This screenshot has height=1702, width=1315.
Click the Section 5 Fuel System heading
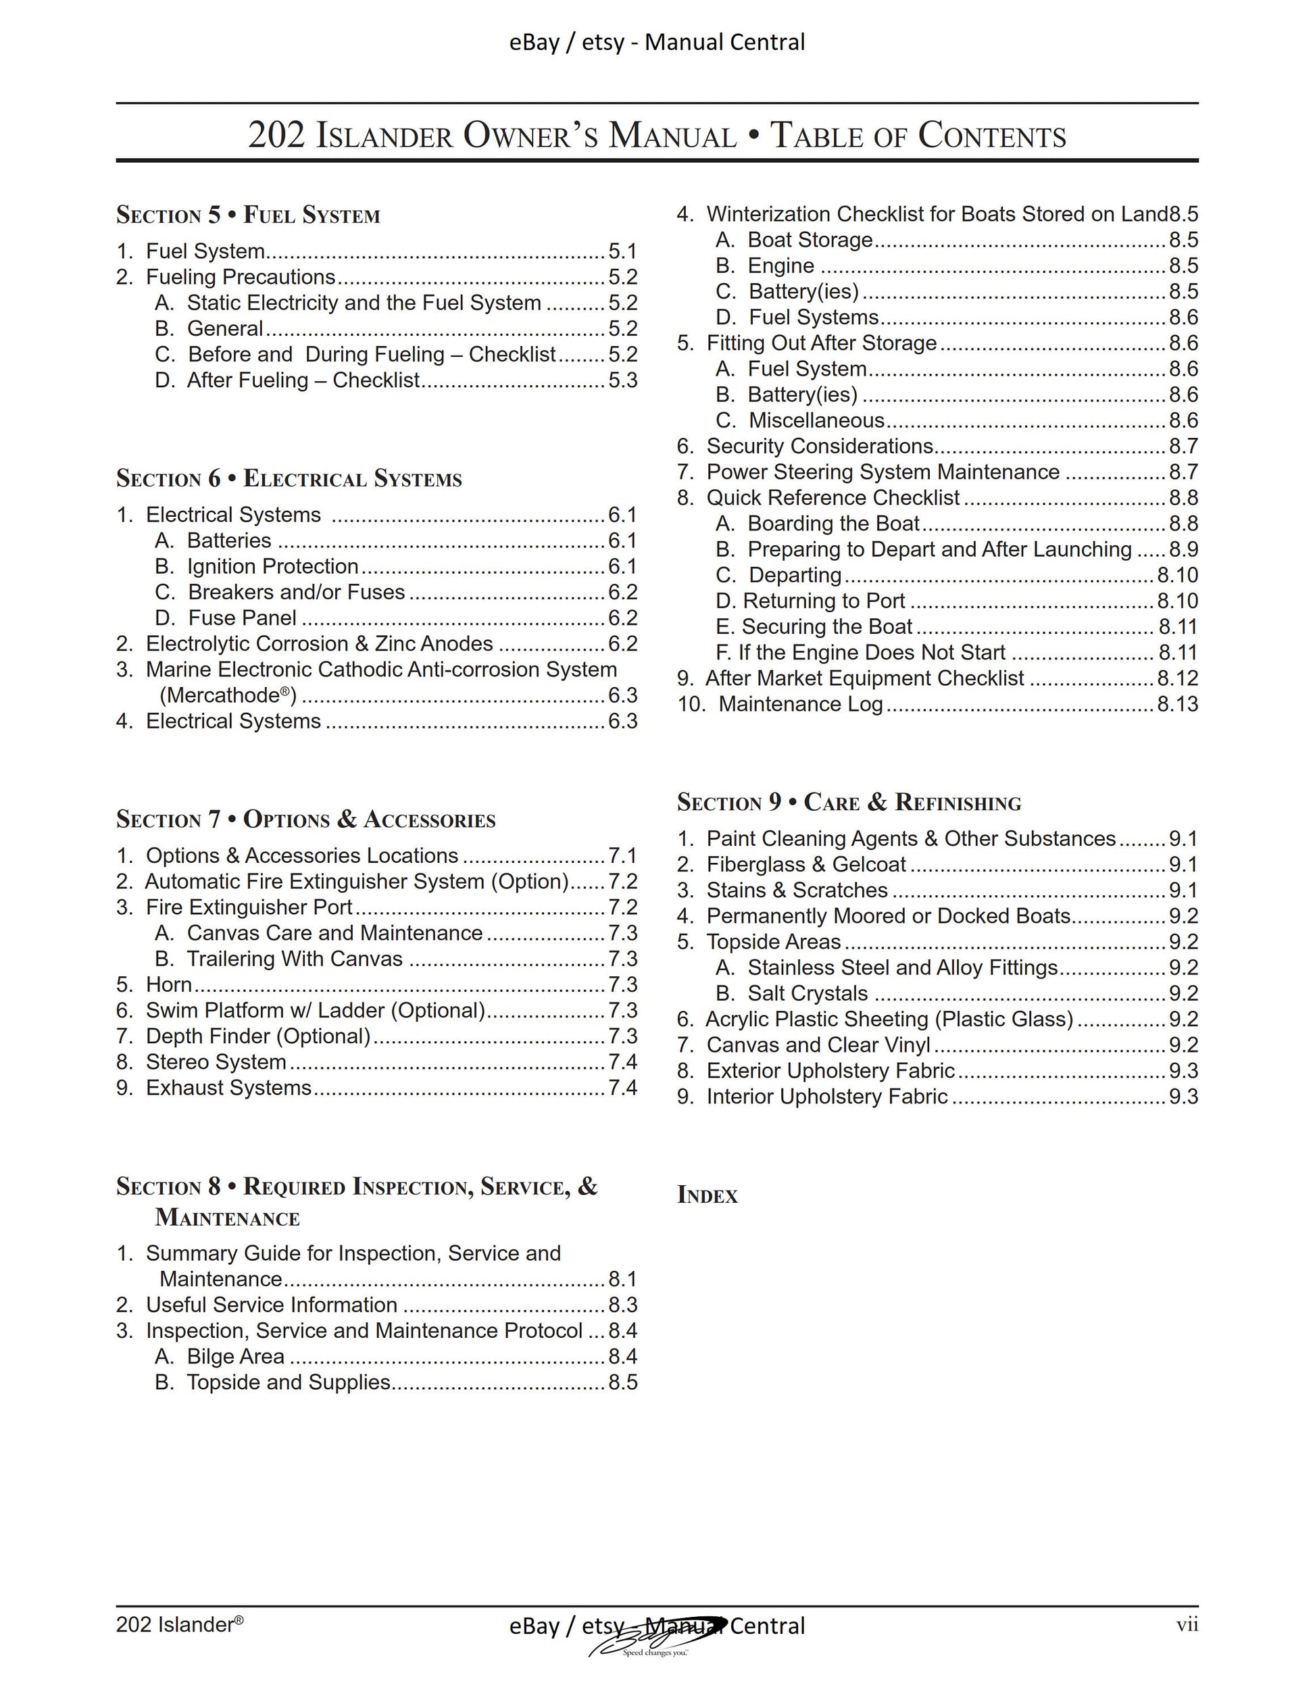pos(248,215)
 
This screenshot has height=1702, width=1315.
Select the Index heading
pos(707,1195)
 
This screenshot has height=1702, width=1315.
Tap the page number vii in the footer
pos(1187,1625)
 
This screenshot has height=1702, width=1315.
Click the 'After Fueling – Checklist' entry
pos(303,380)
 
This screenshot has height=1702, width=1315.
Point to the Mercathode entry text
pos(228,695)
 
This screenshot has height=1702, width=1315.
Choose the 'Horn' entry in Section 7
pos(168,984)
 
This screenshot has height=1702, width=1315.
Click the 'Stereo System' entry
pos(216,1061)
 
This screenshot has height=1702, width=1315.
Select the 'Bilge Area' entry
pos(235,1356)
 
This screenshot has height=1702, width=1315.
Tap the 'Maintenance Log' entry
pos(801,705)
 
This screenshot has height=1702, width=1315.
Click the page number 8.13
pos(1177,705)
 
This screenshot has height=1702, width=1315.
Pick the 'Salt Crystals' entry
pos(807,994)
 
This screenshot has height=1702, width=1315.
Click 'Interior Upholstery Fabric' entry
pos(826,1097)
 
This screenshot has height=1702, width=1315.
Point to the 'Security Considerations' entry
pos(819,447)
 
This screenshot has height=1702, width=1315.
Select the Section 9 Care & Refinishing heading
pos(848,802)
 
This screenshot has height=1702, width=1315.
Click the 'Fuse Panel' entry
pos(242,618)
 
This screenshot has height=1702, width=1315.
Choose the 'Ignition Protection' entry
pos(272,567)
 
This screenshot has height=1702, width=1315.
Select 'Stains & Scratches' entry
pos(797,890)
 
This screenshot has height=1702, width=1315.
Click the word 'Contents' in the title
pos(991,136)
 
